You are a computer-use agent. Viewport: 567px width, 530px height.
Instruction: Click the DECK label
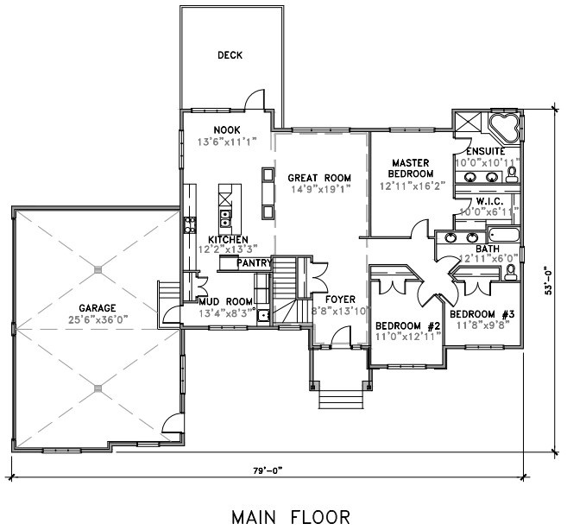click(x=230, y=55)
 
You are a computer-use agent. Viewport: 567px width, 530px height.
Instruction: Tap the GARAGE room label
click(x=98, y=308)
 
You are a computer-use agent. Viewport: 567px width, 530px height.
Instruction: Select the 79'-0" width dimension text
click(x=268, y=470)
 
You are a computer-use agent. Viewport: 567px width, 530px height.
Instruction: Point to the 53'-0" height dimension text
click(x=548, y=281)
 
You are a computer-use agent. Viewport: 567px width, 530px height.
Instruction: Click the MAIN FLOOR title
click(x=291, y=517)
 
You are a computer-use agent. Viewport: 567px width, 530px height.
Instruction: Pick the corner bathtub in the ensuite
click(x=504, y=128)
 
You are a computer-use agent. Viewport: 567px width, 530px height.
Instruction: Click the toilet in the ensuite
click(x=512, y=174)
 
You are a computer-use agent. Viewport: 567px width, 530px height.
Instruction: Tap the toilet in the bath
click(x=510, y=272)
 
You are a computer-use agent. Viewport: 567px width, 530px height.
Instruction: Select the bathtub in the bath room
click(x=504, y=235)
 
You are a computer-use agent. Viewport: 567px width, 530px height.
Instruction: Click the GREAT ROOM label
click(x=319, y=178)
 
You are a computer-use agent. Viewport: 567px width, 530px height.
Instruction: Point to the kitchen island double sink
click(x=225, y=218)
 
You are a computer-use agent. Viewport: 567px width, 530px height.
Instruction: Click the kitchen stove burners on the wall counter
click(x=190, y=224)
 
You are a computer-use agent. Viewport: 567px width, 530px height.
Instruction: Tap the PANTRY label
click(x=254, y=263)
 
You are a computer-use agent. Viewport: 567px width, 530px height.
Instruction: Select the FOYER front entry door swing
click(x=340, y=337)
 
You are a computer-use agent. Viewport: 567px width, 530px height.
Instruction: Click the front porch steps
click(x=341, y=399)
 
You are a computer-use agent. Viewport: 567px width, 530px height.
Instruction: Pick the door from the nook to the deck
click(x=255, y=99)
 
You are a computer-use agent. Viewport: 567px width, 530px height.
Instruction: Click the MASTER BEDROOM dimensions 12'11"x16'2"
click(x=412, y=186)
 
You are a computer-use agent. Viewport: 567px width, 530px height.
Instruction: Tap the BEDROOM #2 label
click(x=407, y=325)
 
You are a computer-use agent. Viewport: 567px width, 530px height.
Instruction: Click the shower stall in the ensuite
click(x=468, y=123)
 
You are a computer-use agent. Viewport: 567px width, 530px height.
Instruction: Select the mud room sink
click(x=263, y=315)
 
